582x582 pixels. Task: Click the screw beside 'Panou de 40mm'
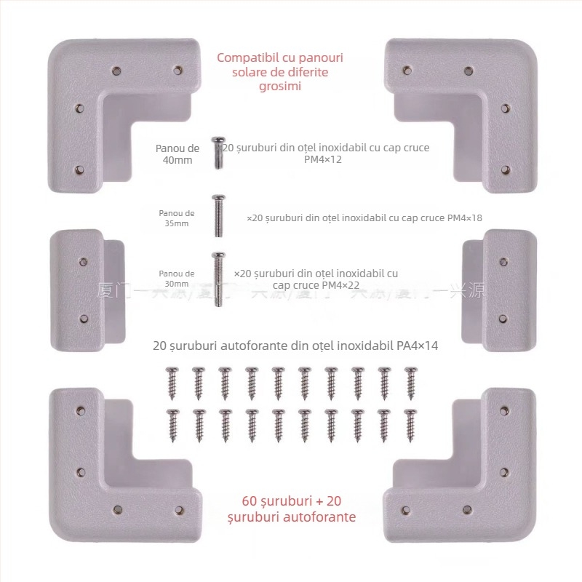pos(216,152)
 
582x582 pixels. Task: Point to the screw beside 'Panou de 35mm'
pos(216,216)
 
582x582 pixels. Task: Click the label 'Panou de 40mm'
pos(178,154)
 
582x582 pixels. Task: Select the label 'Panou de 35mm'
pos(177,218)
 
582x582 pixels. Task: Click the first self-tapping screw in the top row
pos(172,381)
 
